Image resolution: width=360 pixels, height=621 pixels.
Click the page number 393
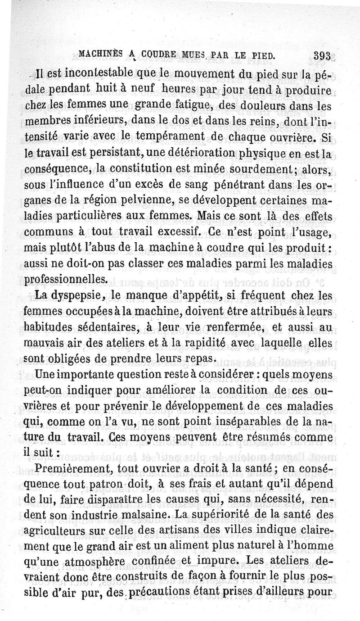tap(323, 57)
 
